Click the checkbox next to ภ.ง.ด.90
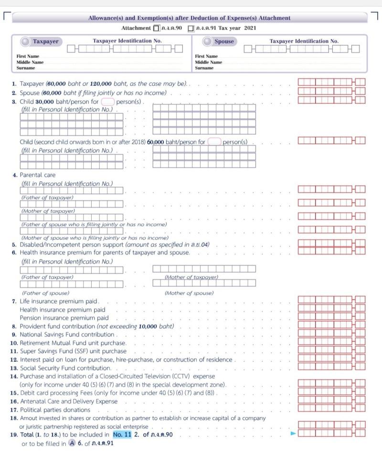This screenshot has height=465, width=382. [157, 28]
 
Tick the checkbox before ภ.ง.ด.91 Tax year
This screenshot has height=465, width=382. [191, 28]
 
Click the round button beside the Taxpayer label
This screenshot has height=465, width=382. [25, 42]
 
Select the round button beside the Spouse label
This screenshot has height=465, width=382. [207, 42]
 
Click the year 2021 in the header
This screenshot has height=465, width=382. [250, 28]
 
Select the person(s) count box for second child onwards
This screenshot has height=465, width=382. [214, 142]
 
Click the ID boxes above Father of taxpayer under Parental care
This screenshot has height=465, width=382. [71, 190]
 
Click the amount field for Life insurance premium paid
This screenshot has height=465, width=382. [331, 300]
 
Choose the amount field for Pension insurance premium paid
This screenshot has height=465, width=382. [331, 317]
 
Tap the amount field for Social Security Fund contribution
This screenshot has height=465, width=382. [331, 367]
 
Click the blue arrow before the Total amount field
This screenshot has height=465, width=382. [293, 433]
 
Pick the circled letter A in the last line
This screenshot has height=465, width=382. [72, 443]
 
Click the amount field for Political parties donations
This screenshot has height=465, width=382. [331, 409]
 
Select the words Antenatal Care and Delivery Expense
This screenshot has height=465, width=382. [68, 402]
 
